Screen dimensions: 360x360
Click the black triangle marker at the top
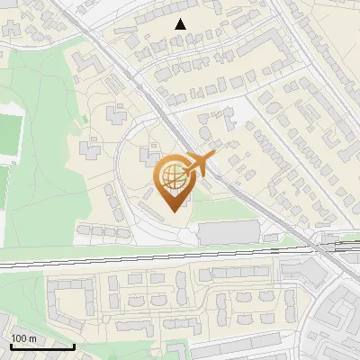[181, 24]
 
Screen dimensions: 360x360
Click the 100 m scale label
[22, 338]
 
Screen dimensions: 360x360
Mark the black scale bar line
[41, 346]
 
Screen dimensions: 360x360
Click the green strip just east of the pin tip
[216, 211]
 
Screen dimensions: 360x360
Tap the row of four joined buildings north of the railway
[103, 232]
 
